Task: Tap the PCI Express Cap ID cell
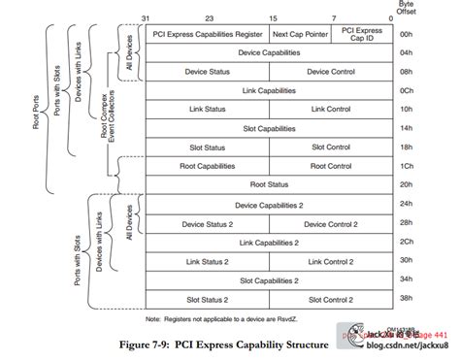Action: click(x=361, y=34)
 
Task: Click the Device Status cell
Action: click(x=206, y=72)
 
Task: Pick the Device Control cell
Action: click(x=331, y=72)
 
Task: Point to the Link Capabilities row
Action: click(x=268, y=90)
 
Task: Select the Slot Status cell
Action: click(x=206, y=147)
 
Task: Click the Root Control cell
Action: click(x=331, y=166)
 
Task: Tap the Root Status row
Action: click(x=268, y=184)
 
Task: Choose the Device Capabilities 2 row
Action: click(x=268, y=205)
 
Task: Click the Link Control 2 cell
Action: click(x=331, y=261)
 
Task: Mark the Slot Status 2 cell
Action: click(x=206, y=299)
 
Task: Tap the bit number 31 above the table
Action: click(x=146, y=18)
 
